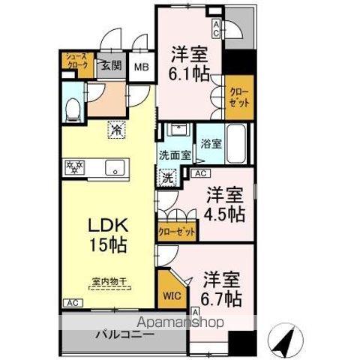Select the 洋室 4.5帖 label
pyautogui.click(x=225, y=204)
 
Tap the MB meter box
pyautogui.click(x=141, y=67)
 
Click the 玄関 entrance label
pyautogui.click(x=111, y=65)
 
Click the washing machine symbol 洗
pyautogui.click(x=169, y=179)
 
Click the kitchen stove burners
pyautogui.click(x=75, y=166)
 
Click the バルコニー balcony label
pyautogui.click(x=124, y=333)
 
